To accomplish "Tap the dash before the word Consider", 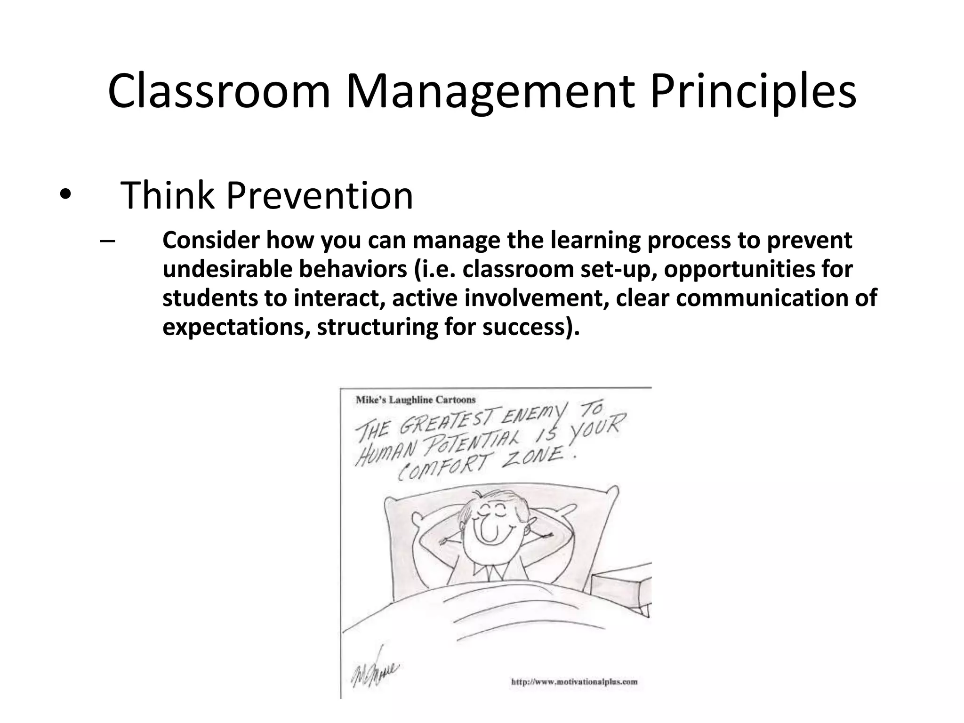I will (107, 241).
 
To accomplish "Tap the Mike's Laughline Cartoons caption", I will (415, 400).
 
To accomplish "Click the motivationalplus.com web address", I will (574, 681).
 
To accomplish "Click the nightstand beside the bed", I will (621, 593).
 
